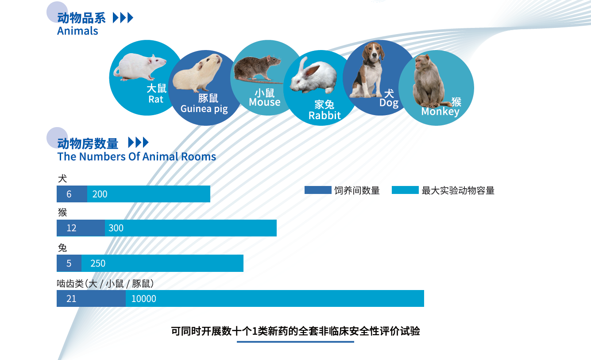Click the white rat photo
pos(140,67)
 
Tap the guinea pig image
pos(197,73)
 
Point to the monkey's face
pos(420,63)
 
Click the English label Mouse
pos(265,102)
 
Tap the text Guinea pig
pos(204,109)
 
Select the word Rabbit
pos(324,116)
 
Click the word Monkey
pos(440,112)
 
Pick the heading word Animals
pos(77,31)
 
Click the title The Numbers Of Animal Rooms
pos(137,156)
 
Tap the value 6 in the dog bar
pos(69,194)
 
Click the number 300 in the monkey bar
pos(116,228)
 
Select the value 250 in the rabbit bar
pos(98,263)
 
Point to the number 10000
pos(143,299)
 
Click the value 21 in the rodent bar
pos(71,299)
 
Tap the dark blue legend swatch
pos(318,190)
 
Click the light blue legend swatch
pos(405,190)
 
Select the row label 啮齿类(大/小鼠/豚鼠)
pos(105,284)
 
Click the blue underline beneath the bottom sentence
pos(296,342)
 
